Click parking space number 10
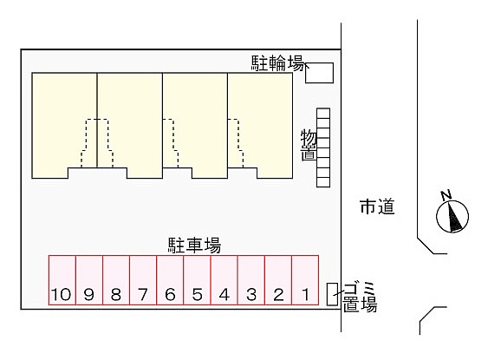coord(62,280)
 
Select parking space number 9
coord(89,280)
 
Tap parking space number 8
coord(116,280)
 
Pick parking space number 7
coord(143,280)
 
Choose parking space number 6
coord(170,280)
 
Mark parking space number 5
coord(198,280)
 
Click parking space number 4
coord(224,280)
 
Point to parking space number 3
coord(251,280)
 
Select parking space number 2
coord(278,280)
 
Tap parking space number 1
coord(305,280)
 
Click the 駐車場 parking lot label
coord(194,245)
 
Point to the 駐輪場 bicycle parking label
coord(277,63)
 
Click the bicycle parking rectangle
coord(319,73)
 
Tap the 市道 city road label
coord(377,206)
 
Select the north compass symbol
coord(452,217)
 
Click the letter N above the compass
coord(446,194)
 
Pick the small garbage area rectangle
coord(332,294)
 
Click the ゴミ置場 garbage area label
coord(360,297)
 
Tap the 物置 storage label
coord(309,146)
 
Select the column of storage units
coord(323,147)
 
